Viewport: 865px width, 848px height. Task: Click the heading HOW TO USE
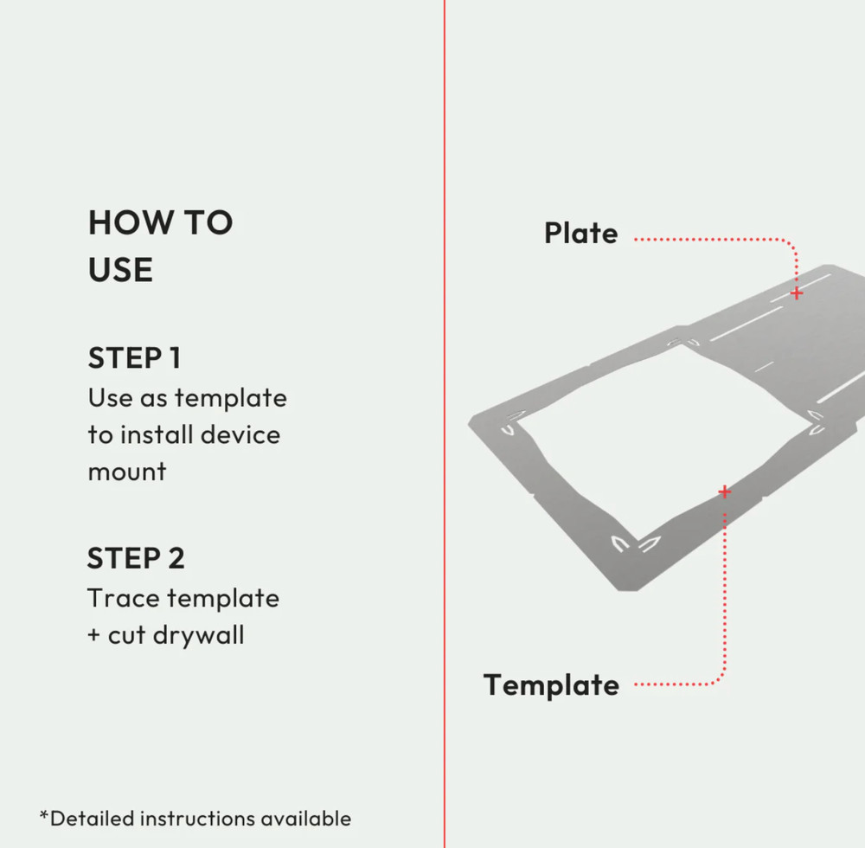160,247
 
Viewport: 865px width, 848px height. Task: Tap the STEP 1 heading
134,357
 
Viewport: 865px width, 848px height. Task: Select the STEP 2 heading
136,558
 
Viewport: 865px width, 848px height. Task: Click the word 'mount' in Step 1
126,472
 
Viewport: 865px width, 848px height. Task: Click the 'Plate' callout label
580,234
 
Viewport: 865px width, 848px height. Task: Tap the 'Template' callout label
551,685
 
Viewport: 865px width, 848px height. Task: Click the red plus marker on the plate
797,293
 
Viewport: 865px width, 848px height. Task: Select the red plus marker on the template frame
725,492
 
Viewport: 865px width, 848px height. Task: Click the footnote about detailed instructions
195,819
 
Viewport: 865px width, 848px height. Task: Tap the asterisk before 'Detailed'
44,816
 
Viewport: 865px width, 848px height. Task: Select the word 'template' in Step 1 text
230,398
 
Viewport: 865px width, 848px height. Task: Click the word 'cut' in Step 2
126,636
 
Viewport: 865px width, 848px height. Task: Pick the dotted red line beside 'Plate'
709,239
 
